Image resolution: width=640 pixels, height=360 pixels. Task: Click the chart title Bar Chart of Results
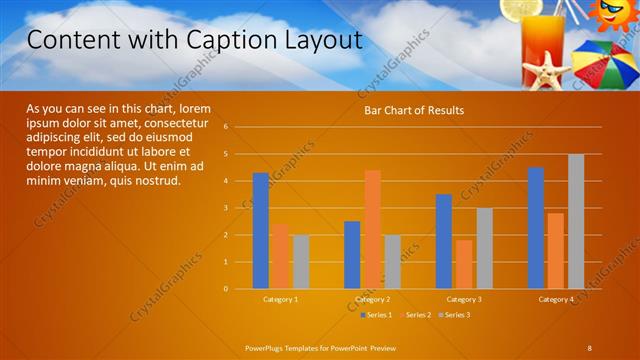414,110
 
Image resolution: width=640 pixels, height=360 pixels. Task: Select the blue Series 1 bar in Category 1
261,230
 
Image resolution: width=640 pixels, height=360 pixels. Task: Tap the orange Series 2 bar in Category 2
372,229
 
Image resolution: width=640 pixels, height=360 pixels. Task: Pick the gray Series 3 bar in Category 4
576,221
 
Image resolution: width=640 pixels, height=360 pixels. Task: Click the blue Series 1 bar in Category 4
536,228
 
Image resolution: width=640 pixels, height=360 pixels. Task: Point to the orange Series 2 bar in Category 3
464,264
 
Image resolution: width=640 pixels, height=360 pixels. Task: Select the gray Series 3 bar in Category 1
301,262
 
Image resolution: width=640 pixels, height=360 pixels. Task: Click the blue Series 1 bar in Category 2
352,255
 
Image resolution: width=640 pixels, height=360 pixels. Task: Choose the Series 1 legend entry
375,315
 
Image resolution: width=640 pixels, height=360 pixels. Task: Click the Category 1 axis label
281,299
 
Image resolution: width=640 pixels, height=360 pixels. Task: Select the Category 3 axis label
464,299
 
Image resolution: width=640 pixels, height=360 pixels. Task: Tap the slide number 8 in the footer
590,347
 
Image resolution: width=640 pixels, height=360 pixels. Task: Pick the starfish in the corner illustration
547,72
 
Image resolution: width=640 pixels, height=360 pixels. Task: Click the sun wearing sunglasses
609,13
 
